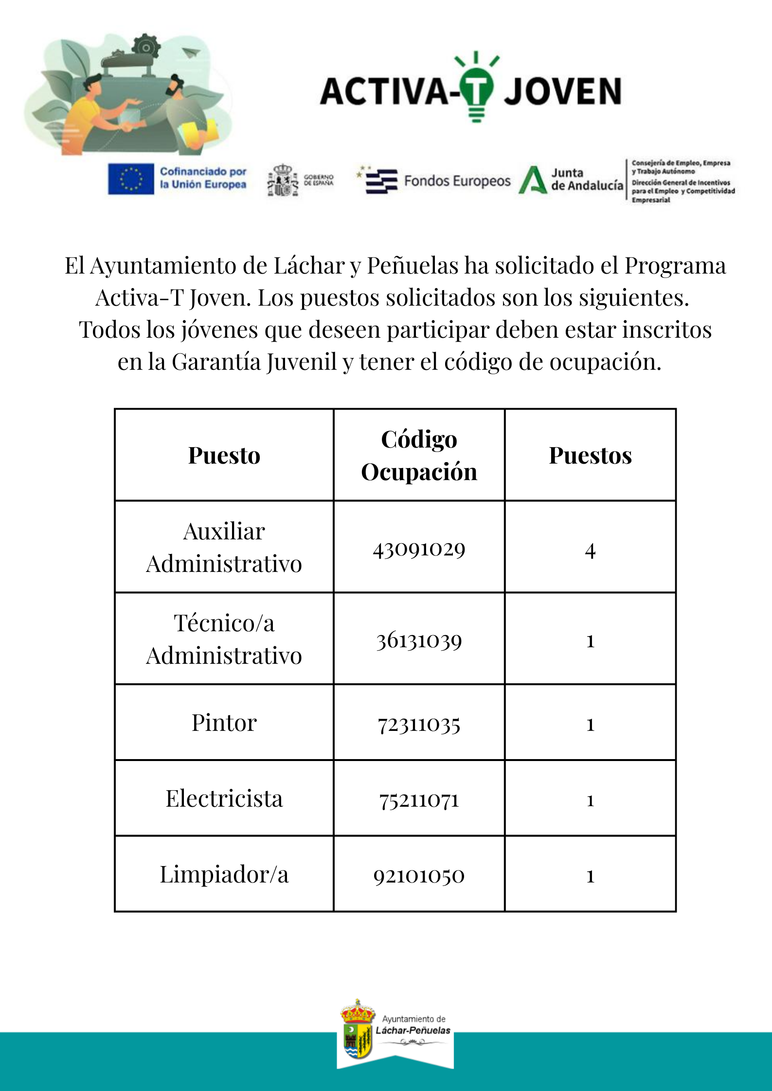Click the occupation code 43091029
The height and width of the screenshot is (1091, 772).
[x=419, y=549]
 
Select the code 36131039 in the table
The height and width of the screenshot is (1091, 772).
[x=419, y=641]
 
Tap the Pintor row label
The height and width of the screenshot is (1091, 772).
[x=224, y=723]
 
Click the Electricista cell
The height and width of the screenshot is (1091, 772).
[x=224, y=798]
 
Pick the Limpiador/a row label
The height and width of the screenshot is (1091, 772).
[x=224, y=875]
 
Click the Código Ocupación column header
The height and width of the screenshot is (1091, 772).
[x=419, y=455]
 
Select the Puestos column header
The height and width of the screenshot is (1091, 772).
[x=590, y=456]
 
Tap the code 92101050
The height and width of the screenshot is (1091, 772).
[x=419, y=876]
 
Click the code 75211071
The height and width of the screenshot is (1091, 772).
[x=419, y=800]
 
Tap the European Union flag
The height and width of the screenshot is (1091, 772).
[x=131, y=179]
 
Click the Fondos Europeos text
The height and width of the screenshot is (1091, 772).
[x=457, y=181]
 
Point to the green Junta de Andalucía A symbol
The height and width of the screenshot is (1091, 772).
[x=533, y=180]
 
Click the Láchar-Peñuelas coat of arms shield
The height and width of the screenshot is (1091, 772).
[x=357, y=1039]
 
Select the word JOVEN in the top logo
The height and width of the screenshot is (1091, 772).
[x=563, y=91]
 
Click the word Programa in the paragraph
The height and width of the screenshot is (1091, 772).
[x=675, y=266]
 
